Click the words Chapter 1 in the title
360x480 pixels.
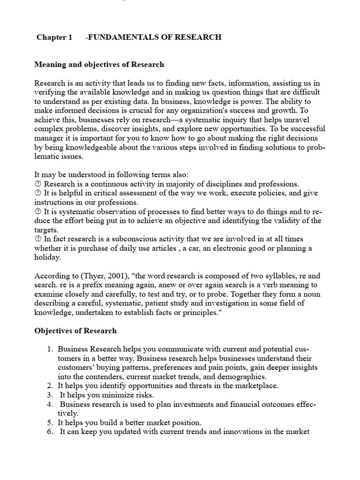[54, 37]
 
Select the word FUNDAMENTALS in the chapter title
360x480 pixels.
[120, 37]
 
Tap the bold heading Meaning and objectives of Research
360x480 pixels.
[99, 64]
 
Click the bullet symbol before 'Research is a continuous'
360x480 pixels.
[38, 184]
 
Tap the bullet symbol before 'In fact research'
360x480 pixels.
[38, 239]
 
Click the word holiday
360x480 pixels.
[48, 257]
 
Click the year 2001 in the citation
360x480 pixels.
[111, 276]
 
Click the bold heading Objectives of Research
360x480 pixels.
[75, 330]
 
